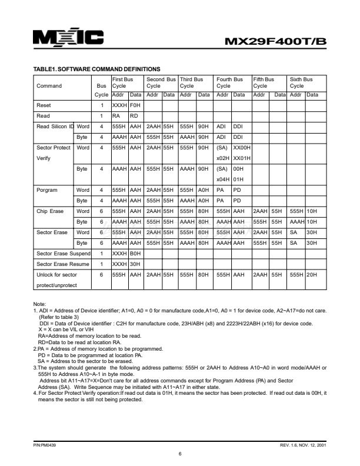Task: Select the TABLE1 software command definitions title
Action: coord(98,70)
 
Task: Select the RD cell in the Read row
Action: coord(134,116)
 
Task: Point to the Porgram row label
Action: coord(49,189)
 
